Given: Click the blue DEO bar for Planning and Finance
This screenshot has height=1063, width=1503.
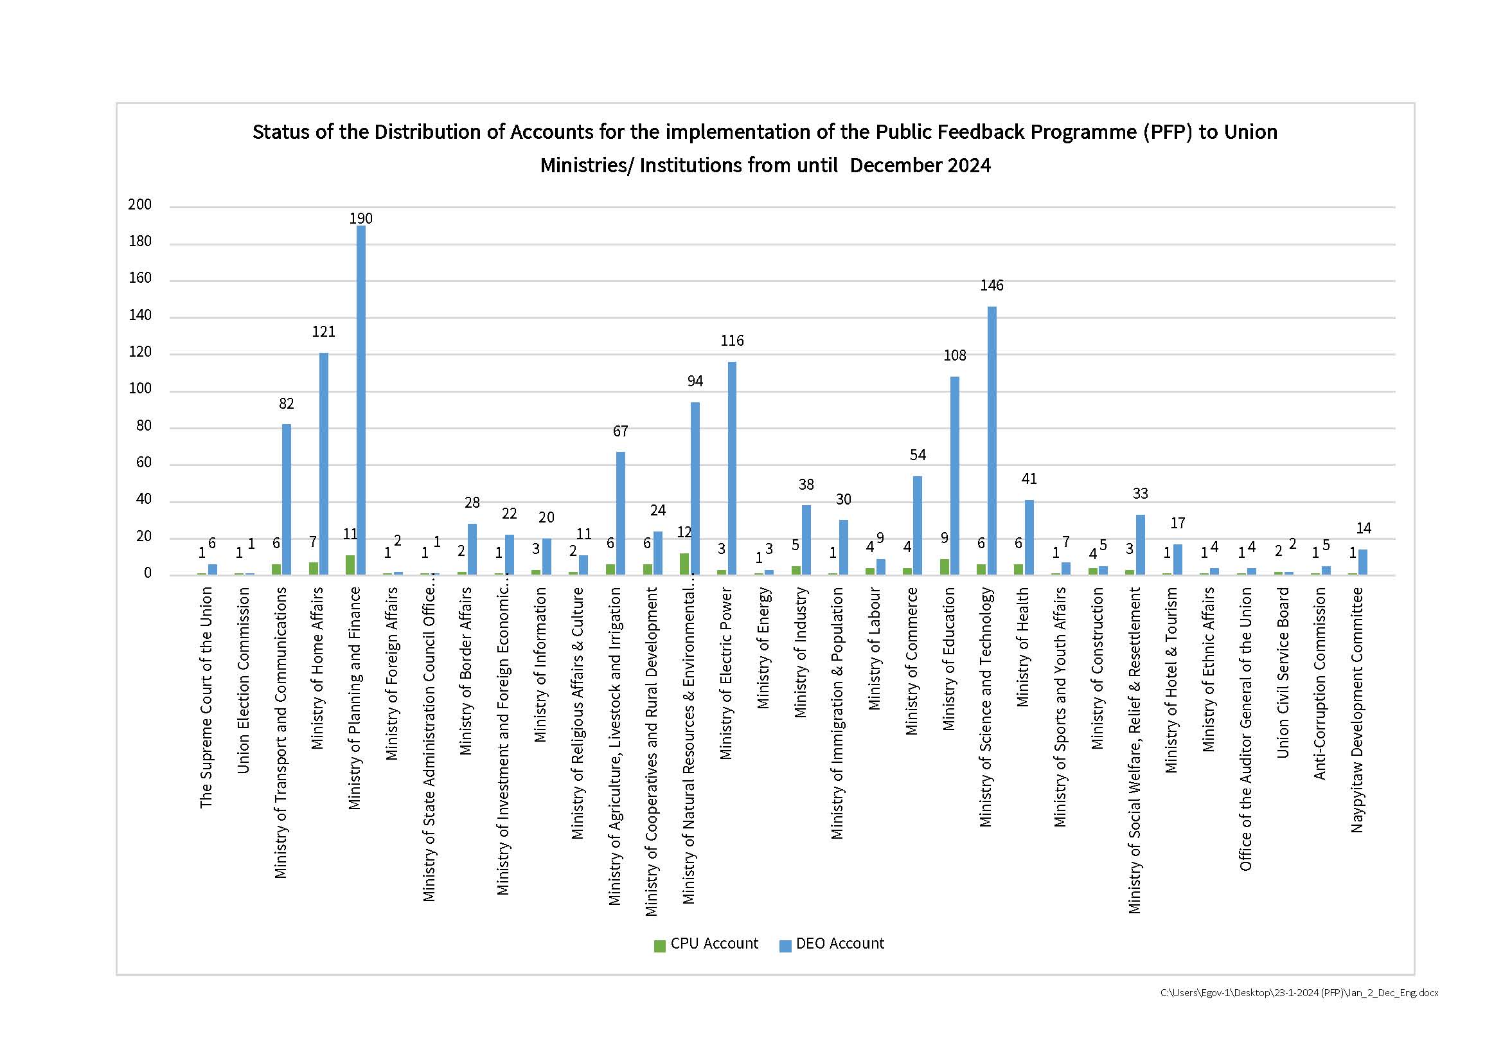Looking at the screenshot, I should click(360, 400).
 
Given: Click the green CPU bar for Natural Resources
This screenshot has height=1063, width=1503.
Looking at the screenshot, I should click(684, 564).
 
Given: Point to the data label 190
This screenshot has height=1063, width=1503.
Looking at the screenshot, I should click(360, 218).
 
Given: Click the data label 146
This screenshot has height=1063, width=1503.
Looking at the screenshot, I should click(992, 285).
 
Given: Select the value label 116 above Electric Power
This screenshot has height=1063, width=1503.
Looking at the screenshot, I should click(732, 341).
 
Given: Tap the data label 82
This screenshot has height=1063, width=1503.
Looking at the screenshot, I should click(286, 403).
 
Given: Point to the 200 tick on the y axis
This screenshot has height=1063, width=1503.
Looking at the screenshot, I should click(139, 204).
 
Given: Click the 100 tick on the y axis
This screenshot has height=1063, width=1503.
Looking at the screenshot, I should click(139, 389).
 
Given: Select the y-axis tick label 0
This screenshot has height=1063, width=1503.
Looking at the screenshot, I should click(147, 573).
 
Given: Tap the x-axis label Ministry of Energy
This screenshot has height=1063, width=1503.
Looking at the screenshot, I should click(763, 648).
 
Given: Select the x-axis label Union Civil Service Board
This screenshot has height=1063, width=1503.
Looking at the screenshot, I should click(1283, 672).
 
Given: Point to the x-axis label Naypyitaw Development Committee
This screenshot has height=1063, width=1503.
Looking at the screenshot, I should click(1357, 710).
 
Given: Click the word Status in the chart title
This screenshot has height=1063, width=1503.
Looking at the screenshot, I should click(281, 132).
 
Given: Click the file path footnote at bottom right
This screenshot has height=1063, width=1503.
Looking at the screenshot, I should click(1299, 992).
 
